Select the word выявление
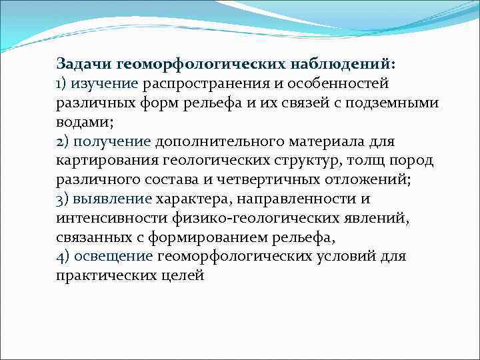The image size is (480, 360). pyautogui.click(x=112, y=199)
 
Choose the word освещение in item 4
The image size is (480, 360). pyautogui.click(x=114, y=256)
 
